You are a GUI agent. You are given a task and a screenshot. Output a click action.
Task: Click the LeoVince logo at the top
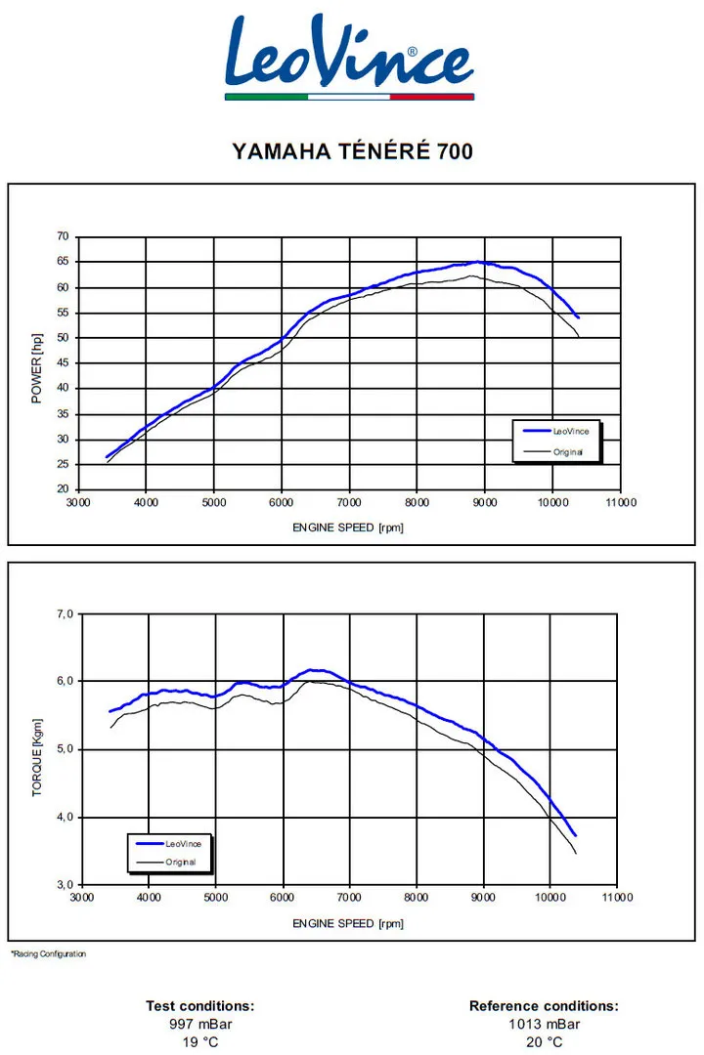(x=350, y=57)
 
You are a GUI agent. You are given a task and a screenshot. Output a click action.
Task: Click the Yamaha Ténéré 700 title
(x=352, y=151)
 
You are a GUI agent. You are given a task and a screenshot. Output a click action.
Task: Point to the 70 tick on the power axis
(x=63, y=236)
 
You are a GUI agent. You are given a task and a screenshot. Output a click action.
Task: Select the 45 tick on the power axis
(x=63, y=362)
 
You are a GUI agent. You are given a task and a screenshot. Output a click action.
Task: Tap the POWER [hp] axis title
(x=36, y=368)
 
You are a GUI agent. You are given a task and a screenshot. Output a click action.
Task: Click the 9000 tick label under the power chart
(x=484, y=503)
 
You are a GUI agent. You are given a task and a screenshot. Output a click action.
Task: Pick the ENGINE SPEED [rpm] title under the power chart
(x=348, y=527)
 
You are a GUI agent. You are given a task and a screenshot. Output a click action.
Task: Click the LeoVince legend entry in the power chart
(x=555, y=432)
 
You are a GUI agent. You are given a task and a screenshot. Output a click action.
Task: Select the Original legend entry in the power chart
(x=553, y=452)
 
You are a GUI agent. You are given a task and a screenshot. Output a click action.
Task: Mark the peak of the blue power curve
(x=477, y=262)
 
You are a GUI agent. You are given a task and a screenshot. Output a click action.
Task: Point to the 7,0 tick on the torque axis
(x=66, y=614)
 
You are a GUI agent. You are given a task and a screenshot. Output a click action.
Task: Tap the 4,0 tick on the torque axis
(x=66, y=818)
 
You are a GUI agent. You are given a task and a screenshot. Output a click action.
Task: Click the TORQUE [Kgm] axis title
(x=37, y=758)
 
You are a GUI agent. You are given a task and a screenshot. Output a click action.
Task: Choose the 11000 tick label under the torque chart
(x=617, y=897)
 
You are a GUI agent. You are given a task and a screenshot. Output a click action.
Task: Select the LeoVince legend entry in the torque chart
(x=168, y=844)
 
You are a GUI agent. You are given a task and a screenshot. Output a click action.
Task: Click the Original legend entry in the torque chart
(x=165, y=862)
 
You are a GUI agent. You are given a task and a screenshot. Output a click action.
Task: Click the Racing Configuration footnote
(x=49, y=953)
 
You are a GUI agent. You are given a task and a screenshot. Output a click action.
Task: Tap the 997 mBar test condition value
(x=200, y=1024)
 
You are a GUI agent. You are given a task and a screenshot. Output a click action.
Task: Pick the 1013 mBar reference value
(x=545, y=1024)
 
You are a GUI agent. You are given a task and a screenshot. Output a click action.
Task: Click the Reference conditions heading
(x=544, y=1006)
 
